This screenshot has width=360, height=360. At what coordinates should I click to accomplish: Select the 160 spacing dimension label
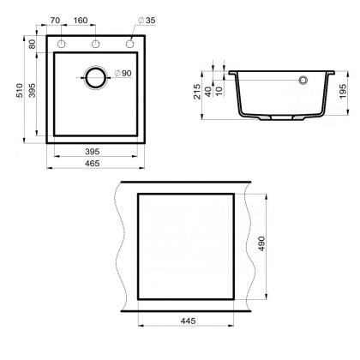pos(79,19)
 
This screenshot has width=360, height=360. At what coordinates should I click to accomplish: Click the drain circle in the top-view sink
pos(94,77)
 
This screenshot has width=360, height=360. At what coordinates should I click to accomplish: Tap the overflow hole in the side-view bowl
pos(303,81)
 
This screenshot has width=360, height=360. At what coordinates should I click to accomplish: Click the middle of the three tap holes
pos(96,44)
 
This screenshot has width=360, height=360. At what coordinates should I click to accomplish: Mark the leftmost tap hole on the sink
pos(63,44)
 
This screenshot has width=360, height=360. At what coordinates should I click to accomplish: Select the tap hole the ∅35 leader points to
pos(130,44)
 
